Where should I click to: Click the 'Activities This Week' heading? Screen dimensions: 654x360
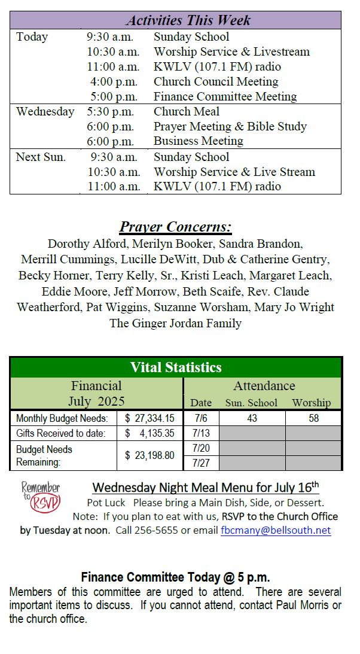click(188, 20)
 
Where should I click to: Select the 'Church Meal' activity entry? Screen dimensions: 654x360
click(187, 111)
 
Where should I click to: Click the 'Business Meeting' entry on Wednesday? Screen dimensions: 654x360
click(198, 141)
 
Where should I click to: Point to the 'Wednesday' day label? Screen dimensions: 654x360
click(45, 111)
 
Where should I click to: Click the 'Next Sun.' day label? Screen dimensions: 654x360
click(41, 157)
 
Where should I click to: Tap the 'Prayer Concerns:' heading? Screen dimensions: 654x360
click(176, 227)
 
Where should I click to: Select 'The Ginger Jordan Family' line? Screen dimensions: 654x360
click(175, 323)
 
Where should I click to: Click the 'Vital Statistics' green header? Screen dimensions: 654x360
click(176, 367)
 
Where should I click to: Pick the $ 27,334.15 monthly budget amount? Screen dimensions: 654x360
click(150, 418)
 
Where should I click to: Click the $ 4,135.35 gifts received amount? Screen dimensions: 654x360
click(150, 433)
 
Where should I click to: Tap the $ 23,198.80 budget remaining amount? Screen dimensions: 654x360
click(150, 455)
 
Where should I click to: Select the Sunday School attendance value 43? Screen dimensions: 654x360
click(252, 418)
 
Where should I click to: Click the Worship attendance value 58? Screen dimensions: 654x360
click(314, 418)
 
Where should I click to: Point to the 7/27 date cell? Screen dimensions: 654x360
click(201, 463)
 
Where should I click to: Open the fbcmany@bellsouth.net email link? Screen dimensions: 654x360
click(275, 530)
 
